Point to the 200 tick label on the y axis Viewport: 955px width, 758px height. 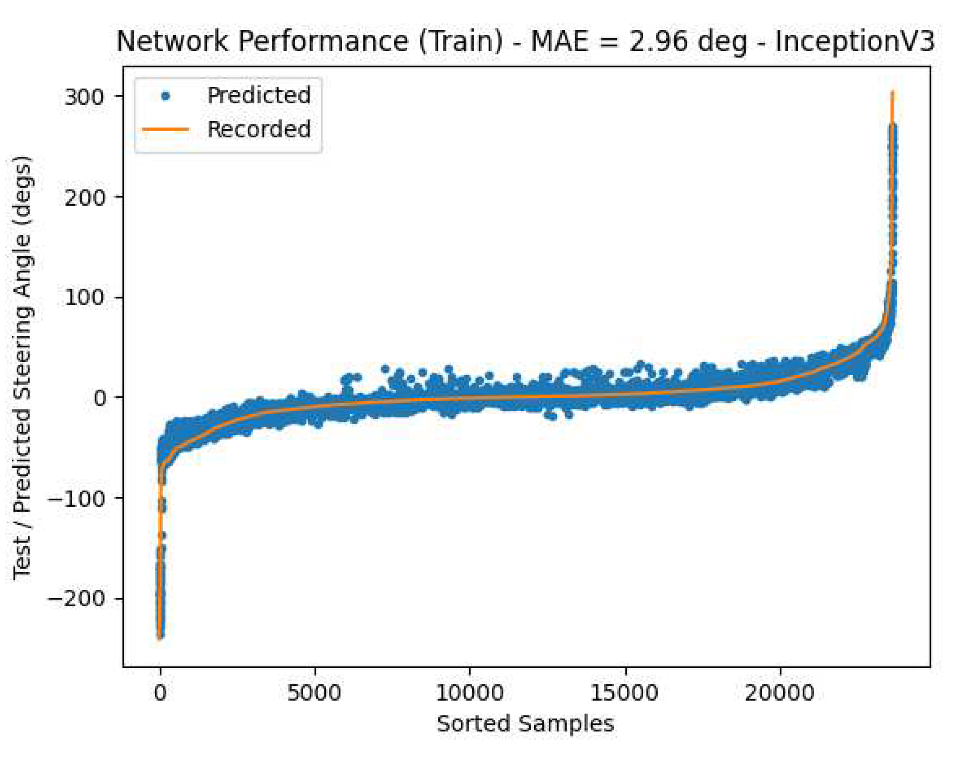[84, 197]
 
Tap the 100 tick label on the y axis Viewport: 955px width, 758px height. [84, 297]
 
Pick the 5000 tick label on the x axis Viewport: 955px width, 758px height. [315, 692]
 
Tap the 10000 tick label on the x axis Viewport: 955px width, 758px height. [470, 692]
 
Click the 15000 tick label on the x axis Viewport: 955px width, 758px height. [625, 692]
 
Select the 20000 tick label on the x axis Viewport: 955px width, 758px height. [780, 692]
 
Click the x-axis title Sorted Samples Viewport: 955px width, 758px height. [525, 724]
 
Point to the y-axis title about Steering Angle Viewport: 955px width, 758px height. [22, 367]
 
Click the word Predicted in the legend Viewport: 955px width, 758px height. [259, 95]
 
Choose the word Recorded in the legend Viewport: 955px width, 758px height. [259, 129]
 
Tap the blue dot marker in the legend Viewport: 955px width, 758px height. [165, 96]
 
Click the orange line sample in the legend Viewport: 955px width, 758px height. [165, 129]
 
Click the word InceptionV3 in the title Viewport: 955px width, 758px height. [855, 41]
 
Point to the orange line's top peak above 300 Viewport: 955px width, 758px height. [892, 93]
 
